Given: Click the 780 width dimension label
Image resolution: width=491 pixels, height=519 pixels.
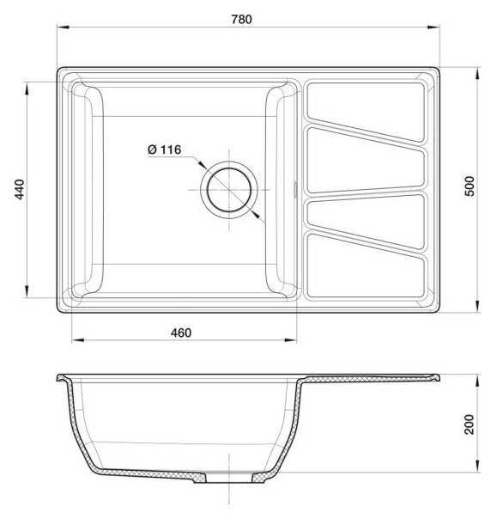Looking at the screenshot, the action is tap(241, 20).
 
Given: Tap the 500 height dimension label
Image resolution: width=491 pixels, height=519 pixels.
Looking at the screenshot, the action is tap(470, 186).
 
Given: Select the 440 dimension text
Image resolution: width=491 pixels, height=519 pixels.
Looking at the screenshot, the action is tap(20, 189).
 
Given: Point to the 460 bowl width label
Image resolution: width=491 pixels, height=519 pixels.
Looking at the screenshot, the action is tap(181, 333).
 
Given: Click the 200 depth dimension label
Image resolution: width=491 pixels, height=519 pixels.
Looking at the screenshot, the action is tap(470, 424).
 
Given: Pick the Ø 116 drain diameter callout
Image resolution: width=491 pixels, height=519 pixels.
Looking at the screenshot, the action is tap(164, 150).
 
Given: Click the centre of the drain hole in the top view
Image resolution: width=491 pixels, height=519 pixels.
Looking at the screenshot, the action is tap(229, 190).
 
